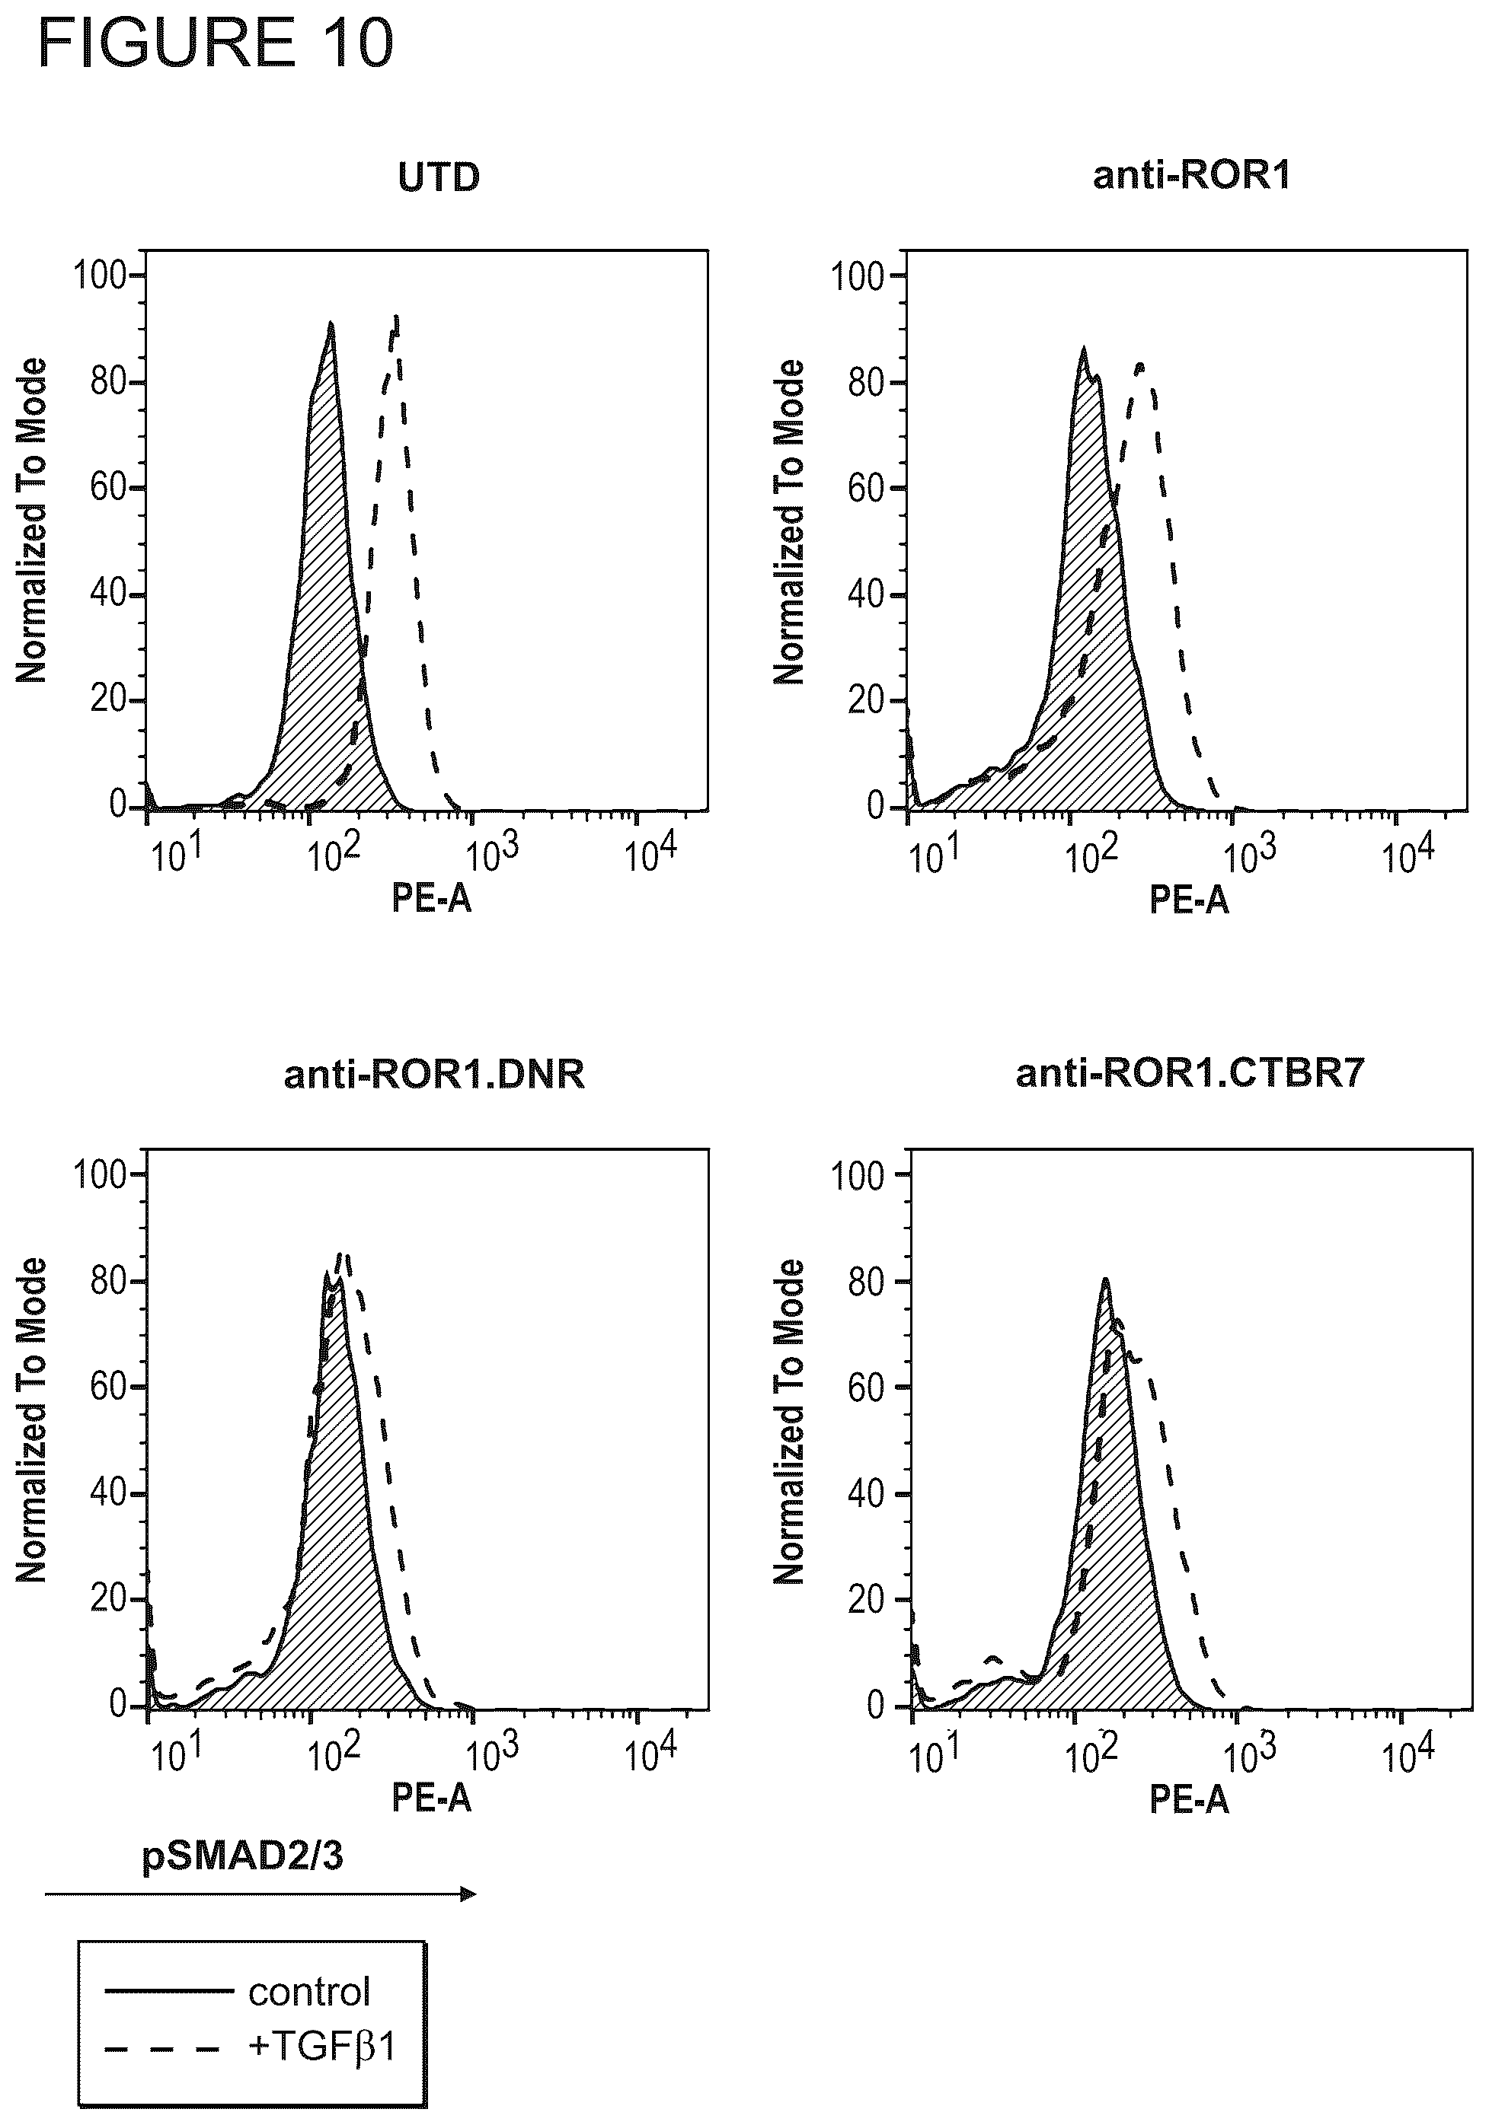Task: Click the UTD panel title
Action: pyautogui.click(x=439, y=177)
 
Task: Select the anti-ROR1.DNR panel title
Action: pyautogui.click(x=434, y=1075)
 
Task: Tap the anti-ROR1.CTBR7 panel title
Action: pyautogui.click(x=1191, y=1074)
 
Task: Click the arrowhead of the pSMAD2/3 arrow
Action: pyautogui.click(x=469, y=1894)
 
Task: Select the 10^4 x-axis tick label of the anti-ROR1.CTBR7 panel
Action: pyautogui.click(x=1408, y=1754)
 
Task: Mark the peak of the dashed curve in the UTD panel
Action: pyautogui.click(x=395, y=317)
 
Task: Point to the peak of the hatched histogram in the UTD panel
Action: pyautogui.click(x=331, y=323)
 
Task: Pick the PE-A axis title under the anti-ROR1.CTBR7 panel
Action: pyautogui.click(x=1189, y=1798)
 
